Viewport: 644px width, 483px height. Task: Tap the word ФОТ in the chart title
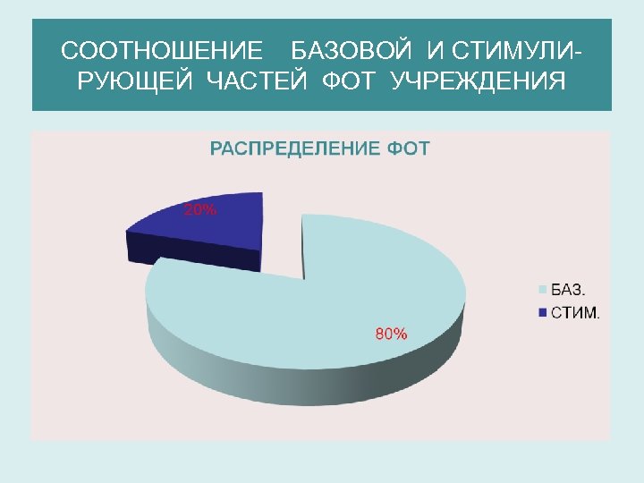pos(410,148)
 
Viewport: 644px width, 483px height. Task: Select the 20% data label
pos(200,211)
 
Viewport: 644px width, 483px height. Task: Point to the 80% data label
pos(391,334)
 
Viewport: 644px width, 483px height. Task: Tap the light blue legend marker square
pos(541,289)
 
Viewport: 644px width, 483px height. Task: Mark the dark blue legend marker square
pos(541,312)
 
